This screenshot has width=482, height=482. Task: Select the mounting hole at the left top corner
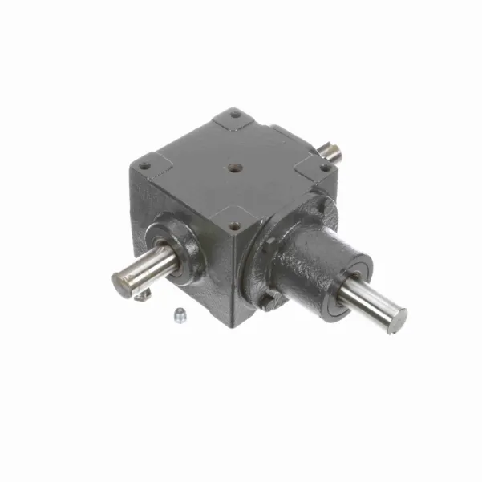tap(144, 166)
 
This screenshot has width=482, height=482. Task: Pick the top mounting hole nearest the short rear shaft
tap(326, 167)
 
